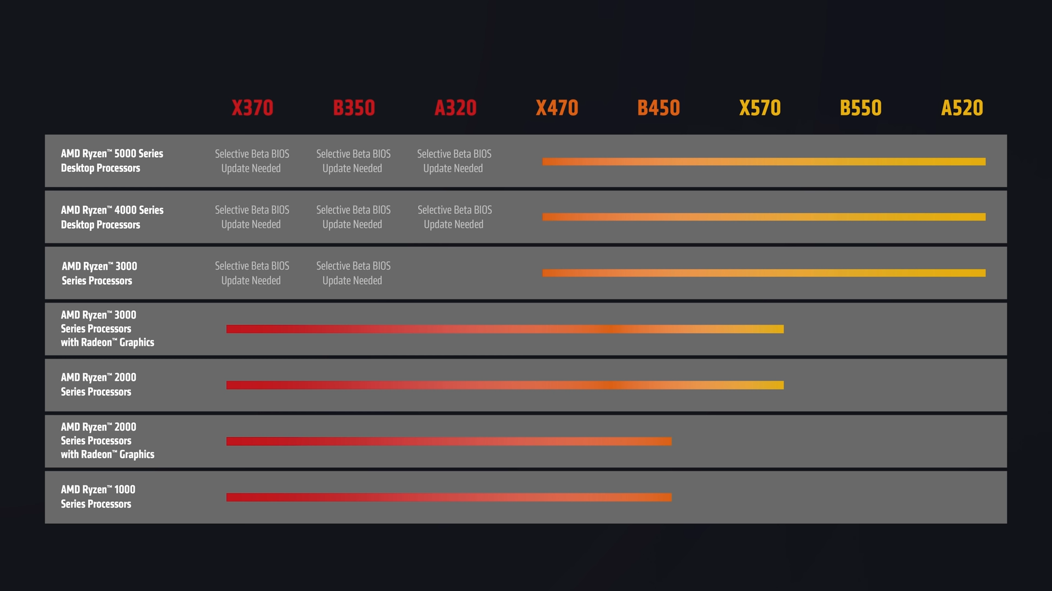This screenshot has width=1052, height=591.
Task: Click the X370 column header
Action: click(x=252, y=108)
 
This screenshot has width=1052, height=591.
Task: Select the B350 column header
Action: click(x=354, y=108)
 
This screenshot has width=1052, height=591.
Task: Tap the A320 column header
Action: click(x=455, y=108)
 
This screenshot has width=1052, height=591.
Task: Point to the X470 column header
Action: click(x=557, y=108)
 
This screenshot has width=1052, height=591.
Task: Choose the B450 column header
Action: click(x=658, y=108)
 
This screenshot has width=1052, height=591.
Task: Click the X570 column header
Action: click(x=759, y=108)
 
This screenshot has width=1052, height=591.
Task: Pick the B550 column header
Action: click(x=861, y=108)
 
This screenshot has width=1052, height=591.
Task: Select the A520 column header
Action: click(x=962, y=108)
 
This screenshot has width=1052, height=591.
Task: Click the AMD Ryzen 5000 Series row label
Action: click(x=112, y=161)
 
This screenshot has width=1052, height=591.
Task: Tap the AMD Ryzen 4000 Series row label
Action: click(x=112, y=217)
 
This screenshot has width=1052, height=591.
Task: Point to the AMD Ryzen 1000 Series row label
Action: click(x=98, y=497)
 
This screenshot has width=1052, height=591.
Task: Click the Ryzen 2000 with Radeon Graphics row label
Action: click(x=107, y=441)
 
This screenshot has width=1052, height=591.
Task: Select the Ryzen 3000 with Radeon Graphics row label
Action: click(x=107, y=328)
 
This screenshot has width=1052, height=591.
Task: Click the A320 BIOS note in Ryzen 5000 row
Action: click(x=454, y=161)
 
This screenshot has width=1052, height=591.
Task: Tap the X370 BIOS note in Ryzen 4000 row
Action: click(x=251, y=217)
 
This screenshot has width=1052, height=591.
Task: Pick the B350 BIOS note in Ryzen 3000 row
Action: click(x=353, y=273)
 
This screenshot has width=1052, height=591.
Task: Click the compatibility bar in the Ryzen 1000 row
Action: click(x=449, y=497)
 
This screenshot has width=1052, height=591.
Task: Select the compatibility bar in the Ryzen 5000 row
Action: click(x=764, y=161)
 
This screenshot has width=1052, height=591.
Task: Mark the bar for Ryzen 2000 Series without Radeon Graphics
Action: click(x=505, y=385)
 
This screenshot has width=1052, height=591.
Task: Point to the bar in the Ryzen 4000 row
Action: click(x=764, y=217)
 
